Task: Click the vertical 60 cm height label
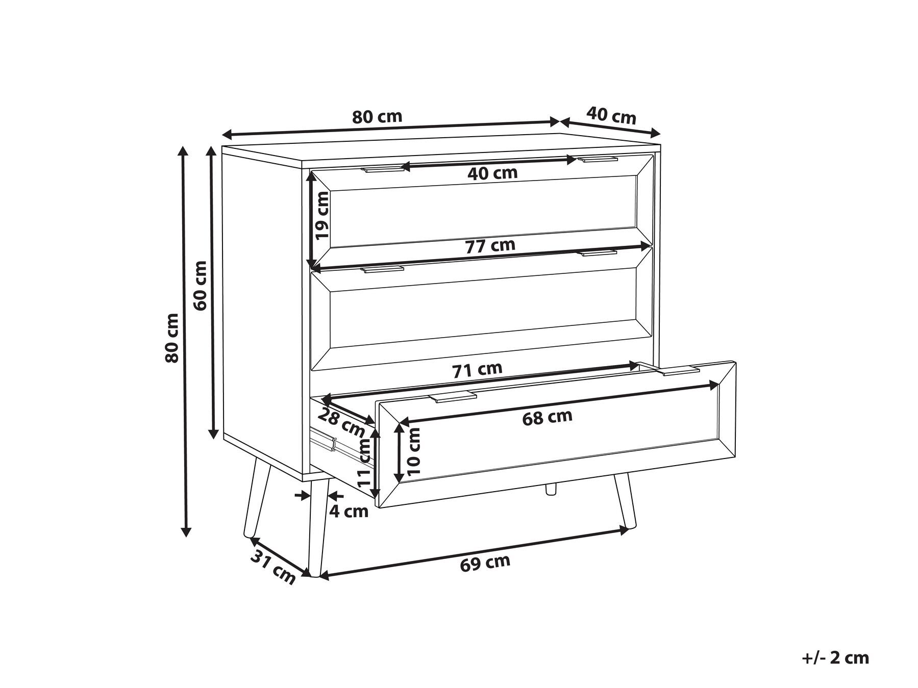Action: point(201,285)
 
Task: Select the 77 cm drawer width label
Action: point(490,246)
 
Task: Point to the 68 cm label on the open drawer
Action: point(547,417)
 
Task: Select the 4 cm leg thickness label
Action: point(349,511)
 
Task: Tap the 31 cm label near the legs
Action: point(273,568)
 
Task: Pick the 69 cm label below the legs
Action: point(485,562)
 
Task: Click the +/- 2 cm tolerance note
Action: point(835,658)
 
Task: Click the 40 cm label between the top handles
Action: point(492,173)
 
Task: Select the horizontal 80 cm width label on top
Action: point(377,117)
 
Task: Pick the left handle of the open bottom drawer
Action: point(452,397)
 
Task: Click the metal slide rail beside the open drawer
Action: point(325,439)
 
